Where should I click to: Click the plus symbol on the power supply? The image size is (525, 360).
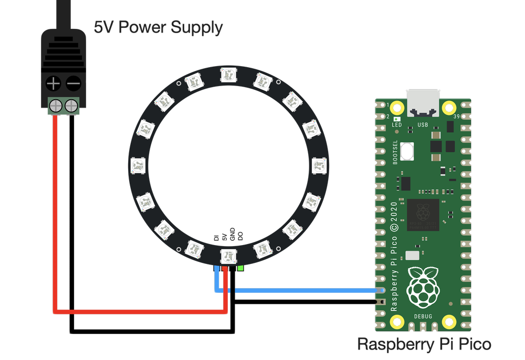tap(53, 83)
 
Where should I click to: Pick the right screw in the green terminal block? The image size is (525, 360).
tap(71, 107)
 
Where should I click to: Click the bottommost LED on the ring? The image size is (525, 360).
tap(228, 256)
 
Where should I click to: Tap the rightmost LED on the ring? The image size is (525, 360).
tap(318, 166)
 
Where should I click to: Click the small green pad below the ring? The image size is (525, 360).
tap(240, 268)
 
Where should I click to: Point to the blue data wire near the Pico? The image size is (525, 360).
tap(315, 290)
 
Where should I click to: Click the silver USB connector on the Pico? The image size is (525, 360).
tap(423, 103)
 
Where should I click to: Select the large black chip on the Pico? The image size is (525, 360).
tap(423, 214)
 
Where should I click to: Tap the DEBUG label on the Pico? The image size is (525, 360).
tap(423, 316)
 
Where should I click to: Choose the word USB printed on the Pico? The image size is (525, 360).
tap(423, 125)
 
